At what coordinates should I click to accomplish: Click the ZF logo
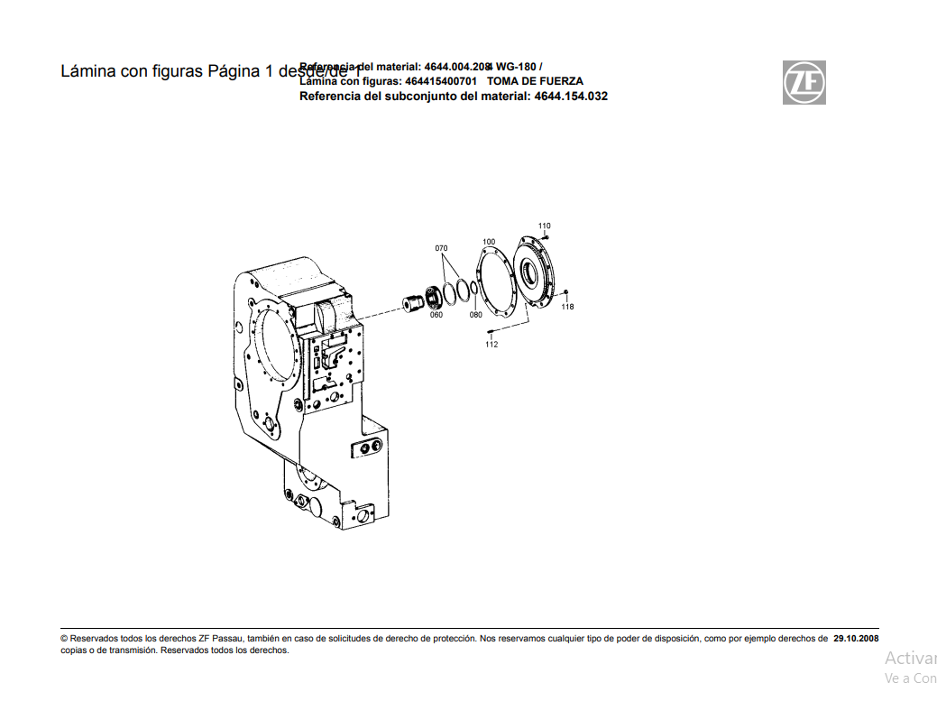[804, 83]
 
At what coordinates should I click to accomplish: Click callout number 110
[544, 226]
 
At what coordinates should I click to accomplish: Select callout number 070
[441, 247]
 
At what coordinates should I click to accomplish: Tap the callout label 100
[489, 242]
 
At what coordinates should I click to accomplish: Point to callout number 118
[567, 307]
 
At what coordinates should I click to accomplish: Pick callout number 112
[491, 345]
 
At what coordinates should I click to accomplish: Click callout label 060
[436, 315]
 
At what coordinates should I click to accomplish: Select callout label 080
[476, 315]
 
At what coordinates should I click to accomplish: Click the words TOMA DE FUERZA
[535, 81]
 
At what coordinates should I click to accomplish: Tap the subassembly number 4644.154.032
[570, 96]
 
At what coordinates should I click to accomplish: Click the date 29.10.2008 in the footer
[856, 638]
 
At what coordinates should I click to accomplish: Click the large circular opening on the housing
[273, 347]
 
